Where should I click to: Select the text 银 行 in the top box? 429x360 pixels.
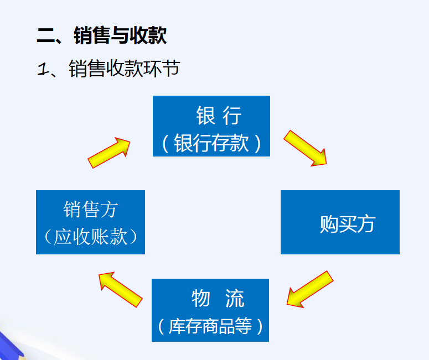coord(219,116)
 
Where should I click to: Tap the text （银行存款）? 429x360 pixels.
coord(211,143)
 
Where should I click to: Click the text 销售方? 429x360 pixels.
coord(90,210)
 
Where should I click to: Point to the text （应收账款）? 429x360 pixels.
coord(90,237)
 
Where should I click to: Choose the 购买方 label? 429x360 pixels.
coord(347,223)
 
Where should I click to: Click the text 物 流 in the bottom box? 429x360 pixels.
coord(218,299)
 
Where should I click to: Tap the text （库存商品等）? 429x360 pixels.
coord(210,326)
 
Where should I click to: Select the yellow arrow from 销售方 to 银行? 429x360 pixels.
coord(109,152)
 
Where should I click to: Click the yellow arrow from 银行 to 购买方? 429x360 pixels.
coord(306,148)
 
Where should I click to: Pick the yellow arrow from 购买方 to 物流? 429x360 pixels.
coord(309,288)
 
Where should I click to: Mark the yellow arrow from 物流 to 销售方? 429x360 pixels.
coord(120,289)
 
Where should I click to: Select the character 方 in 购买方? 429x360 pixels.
coord(366,223)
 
